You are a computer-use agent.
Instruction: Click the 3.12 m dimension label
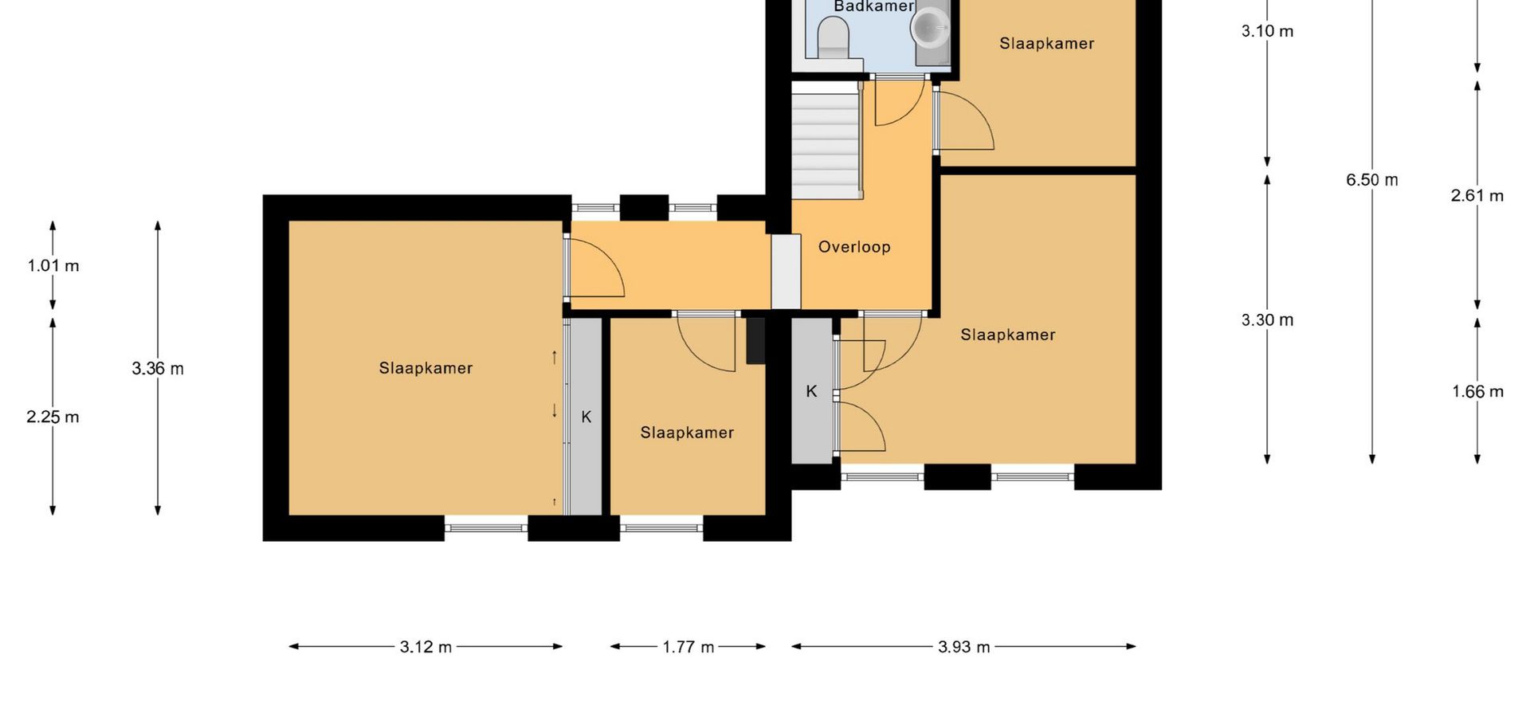point(426,647)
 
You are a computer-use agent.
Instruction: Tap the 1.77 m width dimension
point(688,647)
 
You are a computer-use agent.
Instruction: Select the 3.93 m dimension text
point(963,647)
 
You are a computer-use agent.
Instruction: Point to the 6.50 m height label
point(1371,180)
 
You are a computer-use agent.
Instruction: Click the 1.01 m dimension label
point(53,266)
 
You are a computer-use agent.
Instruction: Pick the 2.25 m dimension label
point(53,417)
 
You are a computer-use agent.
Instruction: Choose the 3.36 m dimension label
point(158,369)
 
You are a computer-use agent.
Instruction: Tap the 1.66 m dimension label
point(1477,392)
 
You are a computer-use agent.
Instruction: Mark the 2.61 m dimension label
point(1477,196)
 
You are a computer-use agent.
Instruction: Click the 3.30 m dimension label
point(1267,320)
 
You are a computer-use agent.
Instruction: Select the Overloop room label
point(854,247)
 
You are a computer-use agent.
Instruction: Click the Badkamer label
point(873,6)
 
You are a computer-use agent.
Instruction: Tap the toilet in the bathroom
point(834,38)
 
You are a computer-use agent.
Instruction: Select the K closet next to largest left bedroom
point(586,417)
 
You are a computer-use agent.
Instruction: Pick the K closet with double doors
point(811,390)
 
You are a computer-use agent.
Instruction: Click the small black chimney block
point(755,341)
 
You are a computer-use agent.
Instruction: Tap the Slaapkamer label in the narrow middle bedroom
point(687,433)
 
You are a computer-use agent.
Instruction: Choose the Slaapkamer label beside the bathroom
point(1046,44)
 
